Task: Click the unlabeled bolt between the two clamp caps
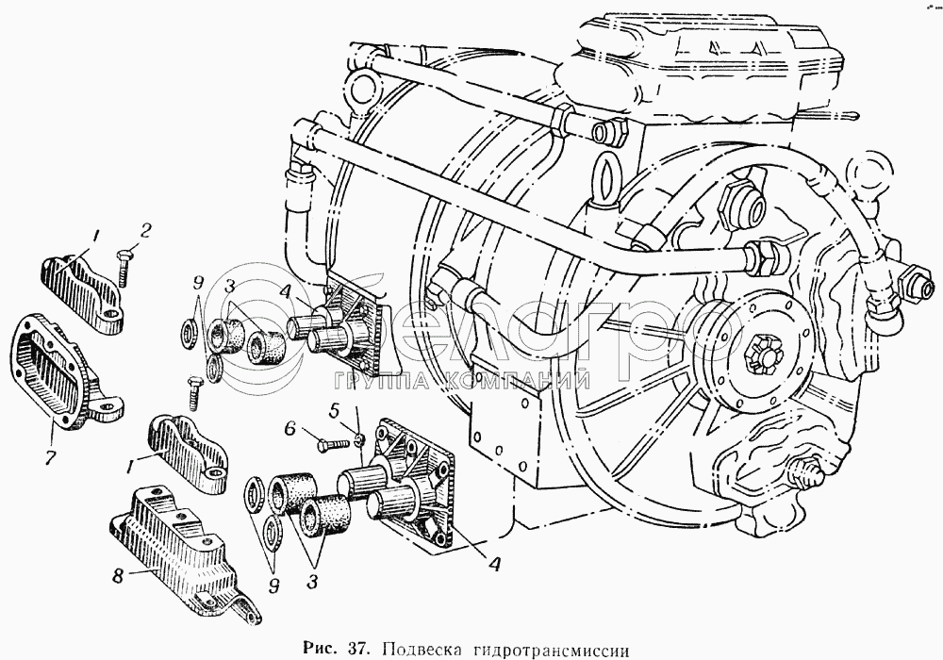click(x=192, y=388)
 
